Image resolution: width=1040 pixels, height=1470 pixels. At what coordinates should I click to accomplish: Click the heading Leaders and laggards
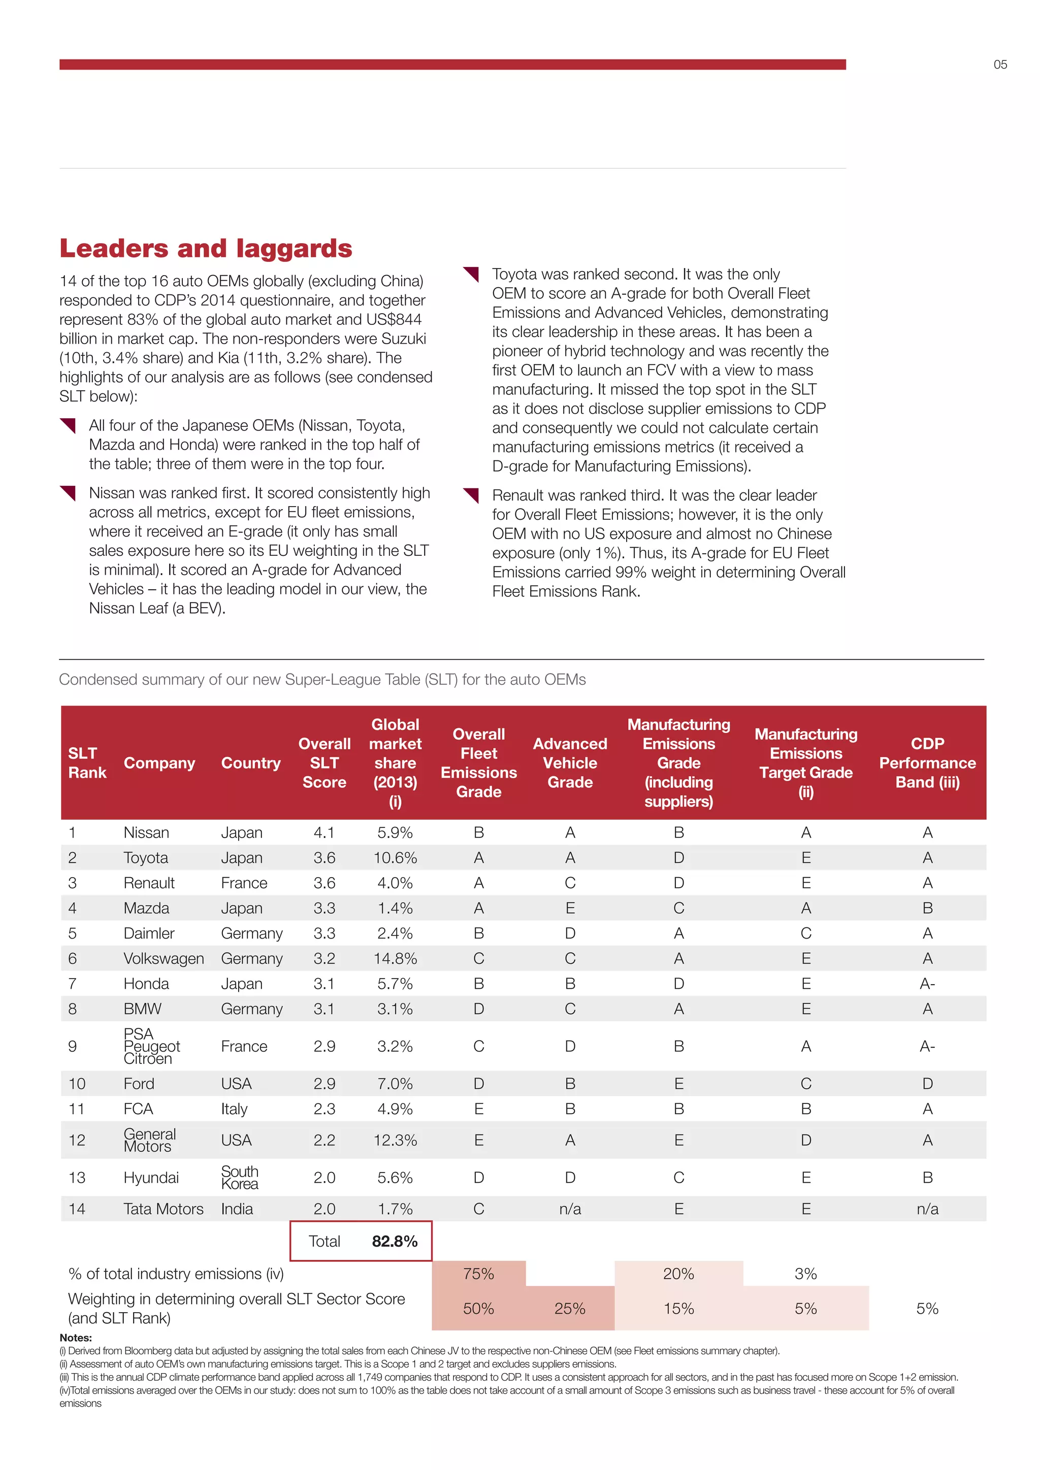[x=206, y=248]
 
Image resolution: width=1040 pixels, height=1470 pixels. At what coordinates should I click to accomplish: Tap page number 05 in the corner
[x=1000, y=64]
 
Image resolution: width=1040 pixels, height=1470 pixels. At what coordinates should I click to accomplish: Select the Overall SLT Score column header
[x=324, y=762]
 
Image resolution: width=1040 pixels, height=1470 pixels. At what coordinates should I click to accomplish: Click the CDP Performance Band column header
[x=927, y=762]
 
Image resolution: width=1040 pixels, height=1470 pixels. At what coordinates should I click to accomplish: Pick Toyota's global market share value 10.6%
[x=395, y=858]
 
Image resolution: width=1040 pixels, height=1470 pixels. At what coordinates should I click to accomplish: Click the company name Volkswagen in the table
[x=164, y=958]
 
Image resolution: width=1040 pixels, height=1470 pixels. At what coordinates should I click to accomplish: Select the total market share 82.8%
[x=395, y=1242]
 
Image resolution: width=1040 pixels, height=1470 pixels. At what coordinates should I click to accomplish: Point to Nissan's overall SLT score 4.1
[x=324, y=833]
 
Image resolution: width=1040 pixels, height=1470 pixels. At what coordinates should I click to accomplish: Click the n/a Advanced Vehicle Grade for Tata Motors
[x=570, y=1209]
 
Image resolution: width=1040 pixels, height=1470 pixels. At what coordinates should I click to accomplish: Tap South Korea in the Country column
[x=240, y=1178]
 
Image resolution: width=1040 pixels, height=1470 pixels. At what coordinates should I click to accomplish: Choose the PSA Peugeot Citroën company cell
[x=151, y=1046]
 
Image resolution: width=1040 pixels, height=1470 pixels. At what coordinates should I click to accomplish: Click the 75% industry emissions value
[x=478, y=1274]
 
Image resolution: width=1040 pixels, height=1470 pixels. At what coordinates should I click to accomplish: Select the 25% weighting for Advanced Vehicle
[x=570, y=1309]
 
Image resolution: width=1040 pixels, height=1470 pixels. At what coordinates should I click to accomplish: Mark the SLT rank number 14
[x=77, y=1209]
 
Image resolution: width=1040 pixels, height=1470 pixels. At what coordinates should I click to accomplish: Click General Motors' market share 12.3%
[x=395, y=1140]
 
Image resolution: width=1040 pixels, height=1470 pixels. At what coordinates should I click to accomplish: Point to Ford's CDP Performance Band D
[x=927, y=1084]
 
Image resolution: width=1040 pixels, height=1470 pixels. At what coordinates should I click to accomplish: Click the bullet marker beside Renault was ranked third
[x=471, y=495]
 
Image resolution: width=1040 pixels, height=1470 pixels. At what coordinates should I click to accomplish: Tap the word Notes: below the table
[x=76, y=1338]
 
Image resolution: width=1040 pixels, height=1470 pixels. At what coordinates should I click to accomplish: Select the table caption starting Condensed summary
[x=322, y=679]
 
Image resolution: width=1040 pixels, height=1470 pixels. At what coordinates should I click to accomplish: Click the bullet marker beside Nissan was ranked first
[x=68, y=493]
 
